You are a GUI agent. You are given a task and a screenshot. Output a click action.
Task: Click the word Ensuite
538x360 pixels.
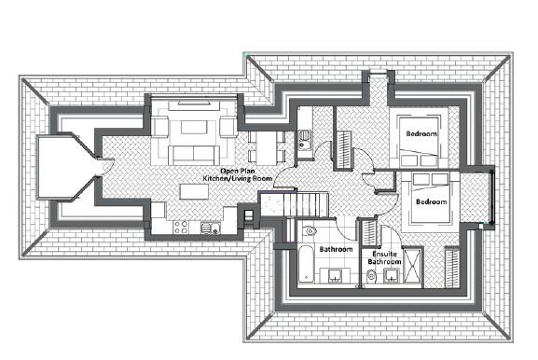(x=385, y=254)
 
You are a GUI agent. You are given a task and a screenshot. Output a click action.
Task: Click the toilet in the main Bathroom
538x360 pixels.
(x=310, y=230)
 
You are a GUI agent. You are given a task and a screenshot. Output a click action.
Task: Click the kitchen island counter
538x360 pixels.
(x=194, y=190)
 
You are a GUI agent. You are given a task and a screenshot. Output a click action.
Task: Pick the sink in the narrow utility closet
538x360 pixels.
(x=304, y=145)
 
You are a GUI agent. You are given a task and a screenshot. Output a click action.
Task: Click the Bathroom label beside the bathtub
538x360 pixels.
(x=336, y=250)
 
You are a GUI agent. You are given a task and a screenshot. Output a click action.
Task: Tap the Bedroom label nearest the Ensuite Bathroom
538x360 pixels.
(x=431, y=201)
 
